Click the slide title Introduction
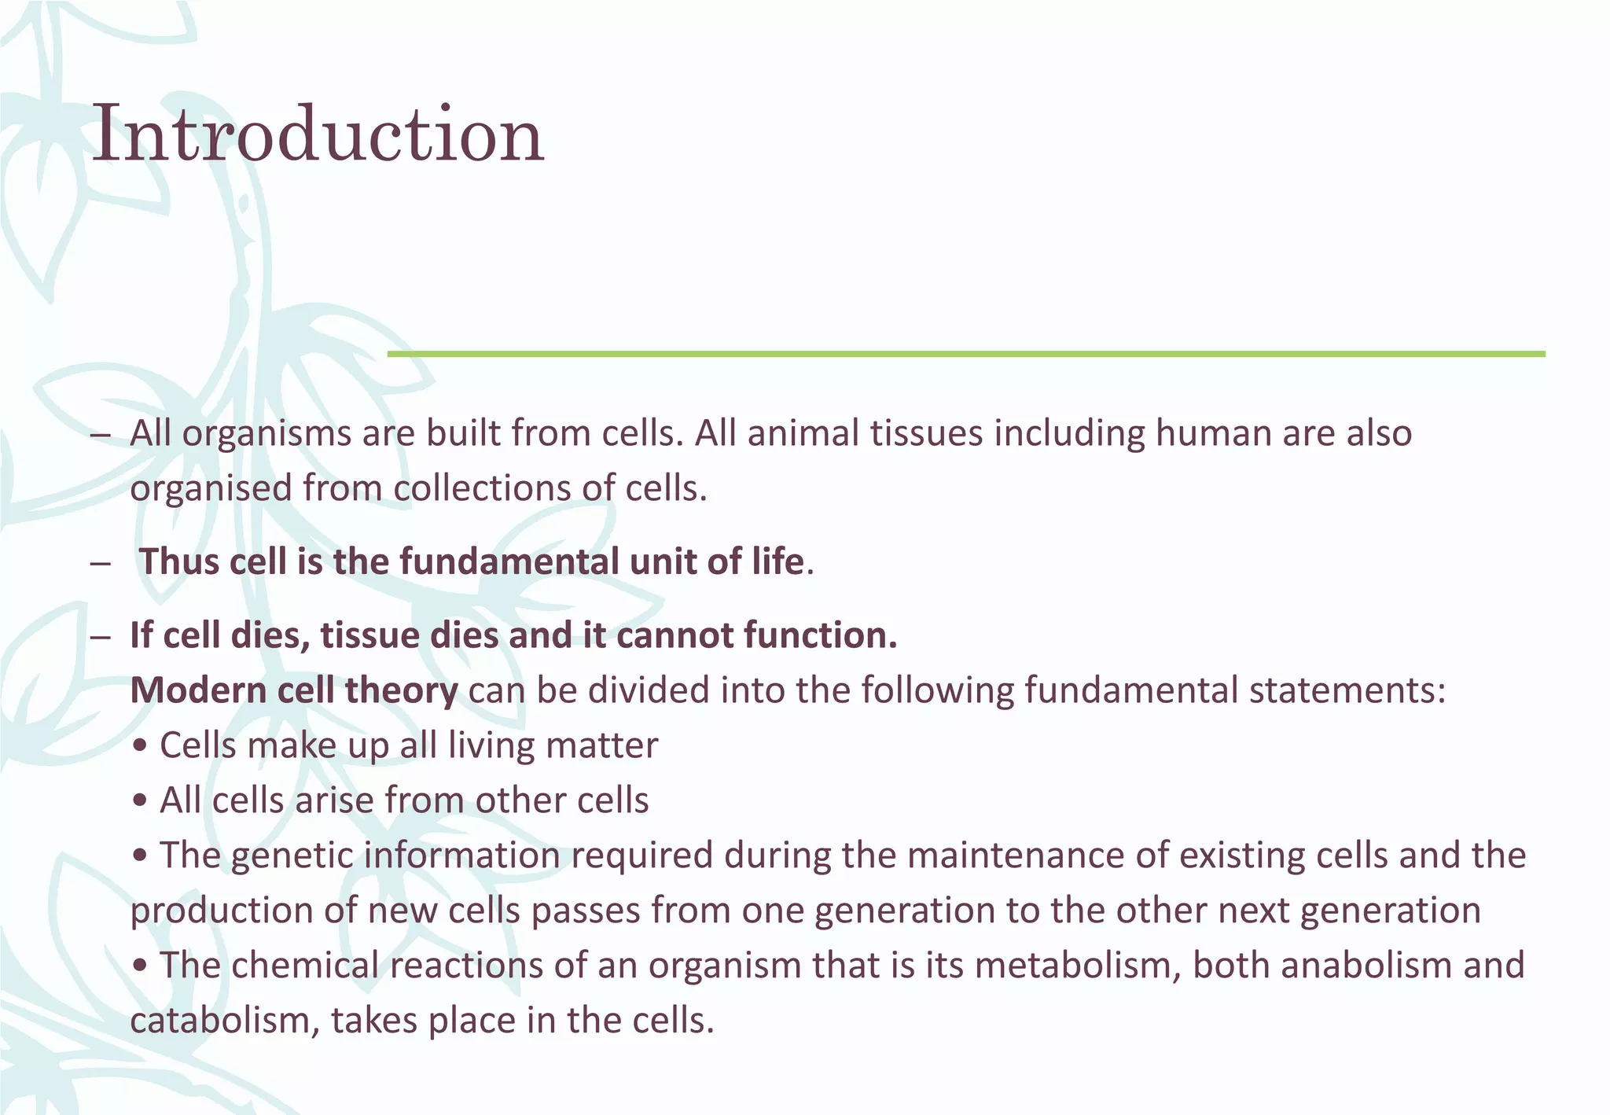318,135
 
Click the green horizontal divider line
965,354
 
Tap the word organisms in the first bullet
266,434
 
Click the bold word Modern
198,690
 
